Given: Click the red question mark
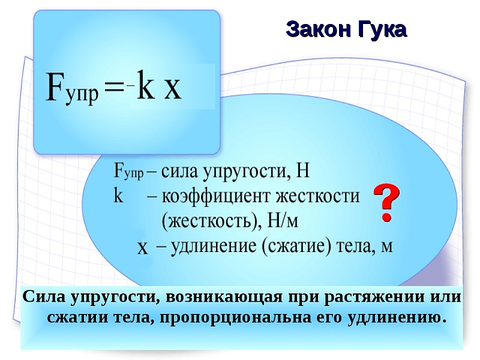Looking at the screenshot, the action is click(386, 202).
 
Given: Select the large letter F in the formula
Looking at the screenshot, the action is click(55, 86).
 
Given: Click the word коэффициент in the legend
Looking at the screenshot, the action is click(217, 196).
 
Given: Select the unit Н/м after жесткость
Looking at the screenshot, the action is click(283, 220).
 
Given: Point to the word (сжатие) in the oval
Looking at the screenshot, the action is click(296, 247).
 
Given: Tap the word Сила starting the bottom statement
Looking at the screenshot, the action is click(44, 296).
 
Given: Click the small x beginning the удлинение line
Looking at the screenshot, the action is click(143, 248).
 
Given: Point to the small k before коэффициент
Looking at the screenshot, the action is click(118, 196).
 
